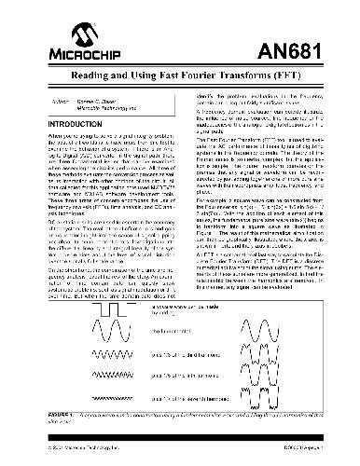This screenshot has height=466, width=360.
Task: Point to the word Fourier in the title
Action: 197,72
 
